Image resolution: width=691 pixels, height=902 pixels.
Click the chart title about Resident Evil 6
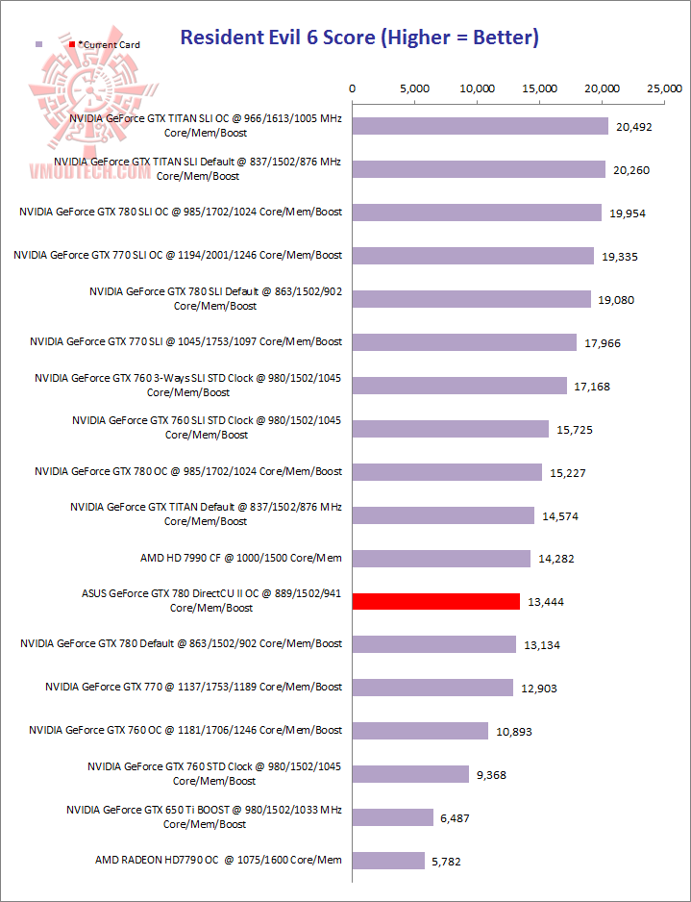(359, 38)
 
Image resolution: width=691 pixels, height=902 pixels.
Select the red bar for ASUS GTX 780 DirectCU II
(436, 601)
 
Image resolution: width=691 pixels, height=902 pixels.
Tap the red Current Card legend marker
(72, 44)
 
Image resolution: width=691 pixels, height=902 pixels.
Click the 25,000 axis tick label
(665, 88)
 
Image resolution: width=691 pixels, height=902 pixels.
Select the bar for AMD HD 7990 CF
(441, 558)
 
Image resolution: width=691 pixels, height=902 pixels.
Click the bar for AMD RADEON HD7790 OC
(388, 860)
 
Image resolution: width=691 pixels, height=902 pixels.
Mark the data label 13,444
(544, 602)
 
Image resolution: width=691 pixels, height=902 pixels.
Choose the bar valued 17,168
(459, 386)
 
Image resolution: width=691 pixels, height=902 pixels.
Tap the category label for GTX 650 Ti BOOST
(204, 816)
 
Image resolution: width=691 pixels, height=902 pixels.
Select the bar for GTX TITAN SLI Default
(479, 169)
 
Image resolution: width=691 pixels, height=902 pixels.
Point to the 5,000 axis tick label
(414, 88)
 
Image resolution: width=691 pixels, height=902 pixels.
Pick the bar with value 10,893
(420, 731)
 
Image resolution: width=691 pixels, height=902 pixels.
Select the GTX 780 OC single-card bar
(447, 471)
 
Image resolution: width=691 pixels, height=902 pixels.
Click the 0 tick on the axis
(353, 88)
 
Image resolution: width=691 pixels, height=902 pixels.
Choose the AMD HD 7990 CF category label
(241, 558)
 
